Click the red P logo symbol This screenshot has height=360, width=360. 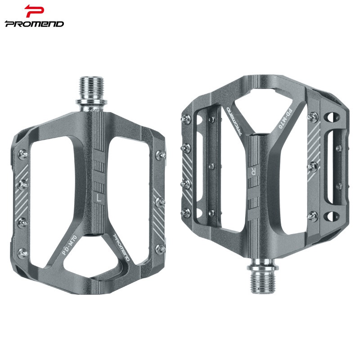point(34,11)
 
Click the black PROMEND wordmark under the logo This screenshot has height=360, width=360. point(35,24)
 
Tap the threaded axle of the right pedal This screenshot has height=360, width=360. point(263,278)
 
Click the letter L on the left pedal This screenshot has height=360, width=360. point(99,198)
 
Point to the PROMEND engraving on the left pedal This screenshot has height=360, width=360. point(121,247)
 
